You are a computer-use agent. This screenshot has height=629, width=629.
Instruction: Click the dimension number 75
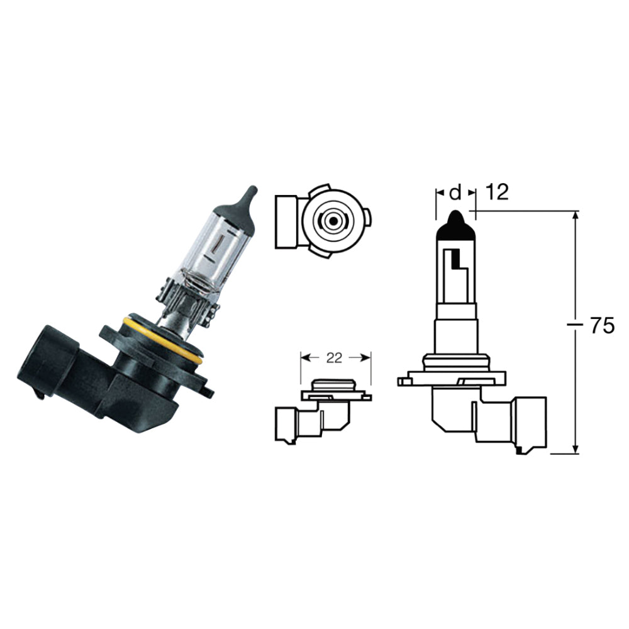[601, 326]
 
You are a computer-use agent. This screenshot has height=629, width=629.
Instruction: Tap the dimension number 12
[497, 192]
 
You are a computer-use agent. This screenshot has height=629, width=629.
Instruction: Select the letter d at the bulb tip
[456, 192]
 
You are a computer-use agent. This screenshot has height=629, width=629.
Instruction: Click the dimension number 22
[334, 358]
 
